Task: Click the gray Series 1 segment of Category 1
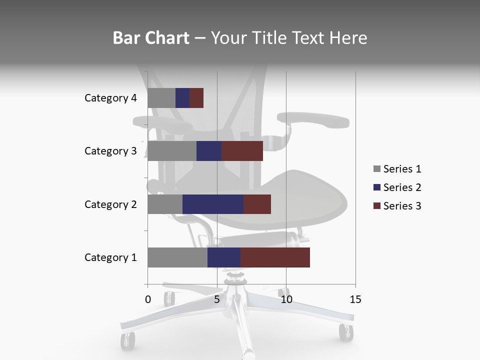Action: (177, 257)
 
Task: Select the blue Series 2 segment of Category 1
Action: (224, 257)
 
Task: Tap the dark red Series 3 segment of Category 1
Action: (275, 257)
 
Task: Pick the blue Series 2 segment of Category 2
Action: (212, 204)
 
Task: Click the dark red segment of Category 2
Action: (257, 204)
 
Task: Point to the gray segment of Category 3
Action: (172, 151)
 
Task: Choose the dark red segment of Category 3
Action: (242, 151)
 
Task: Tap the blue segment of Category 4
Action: (182, 98)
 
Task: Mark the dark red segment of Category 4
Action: (196, 98)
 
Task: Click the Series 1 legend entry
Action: (397, 169)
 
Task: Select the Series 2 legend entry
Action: (397, 187)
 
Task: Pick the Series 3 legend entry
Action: (397, 206)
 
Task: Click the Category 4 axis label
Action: (110, 98)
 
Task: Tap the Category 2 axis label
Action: (110, 204)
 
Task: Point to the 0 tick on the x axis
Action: (148, 300)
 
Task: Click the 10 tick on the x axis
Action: (286, 300)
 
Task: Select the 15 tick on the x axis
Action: (355, 300)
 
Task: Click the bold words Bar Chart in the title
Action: (151, 38)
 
